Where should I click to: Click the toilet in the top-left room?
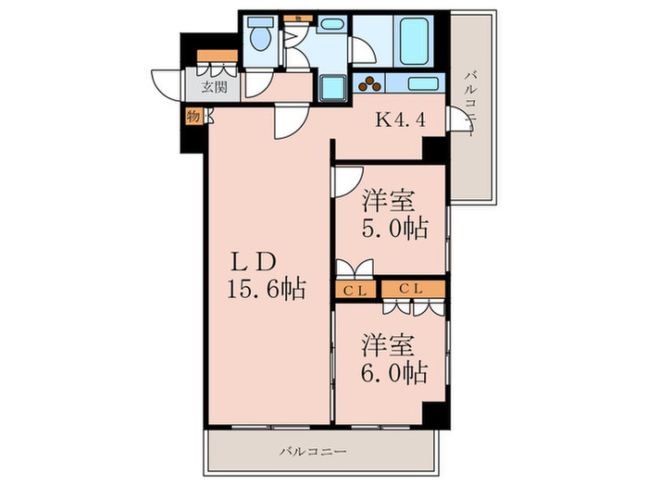coord(260,38)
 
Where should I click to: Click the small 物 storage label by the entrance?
coord(193,117)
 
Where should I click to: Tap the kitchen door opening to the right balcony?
coord(458,120)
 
